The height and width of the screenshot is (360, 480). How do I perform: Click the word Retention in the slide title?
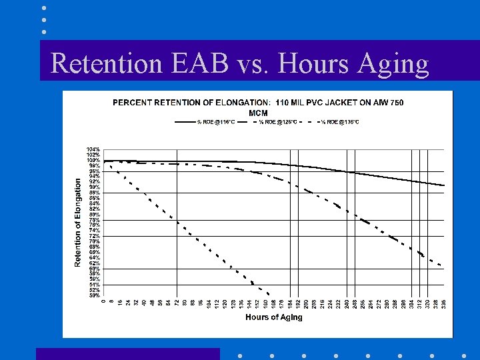94,64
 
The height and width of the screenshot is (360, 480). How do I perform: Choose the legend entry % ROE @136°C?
340,122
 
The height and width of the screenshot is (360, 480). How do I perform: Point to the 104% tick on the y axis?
93,149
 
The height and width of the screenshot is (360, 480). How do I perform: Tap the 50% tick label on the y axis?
93,295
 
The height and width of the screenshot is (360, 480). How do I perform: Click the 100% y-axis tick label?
93,160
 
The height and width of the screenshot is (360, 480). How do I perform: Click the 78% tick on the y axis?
93,220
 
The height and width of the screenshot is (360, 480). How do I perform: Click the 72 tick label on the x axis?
177,303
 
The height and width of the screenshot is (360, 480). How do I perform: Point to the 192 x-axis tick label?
297,305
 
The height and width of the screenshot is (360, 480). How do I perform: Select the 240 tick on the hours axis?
347,305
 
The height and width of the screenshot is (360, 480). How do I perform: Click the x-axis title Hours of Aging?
273,317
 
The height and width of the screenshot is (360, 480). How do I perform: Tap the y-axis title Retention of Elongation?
78,222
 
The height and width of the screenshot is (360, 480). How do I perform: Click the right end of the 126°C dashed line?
441,265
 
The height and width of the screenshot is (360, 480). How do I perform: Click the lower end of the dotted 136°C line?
268,295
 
